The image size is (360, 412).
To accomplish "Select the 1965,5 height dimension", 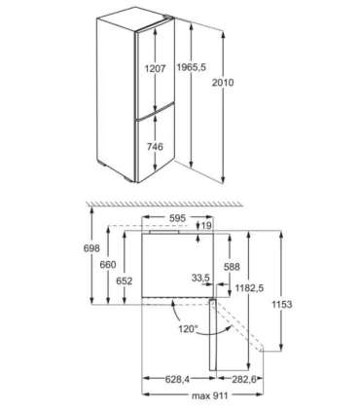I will [202, 70].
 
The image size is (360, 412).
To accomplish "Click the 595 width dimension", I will [176, 218].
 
